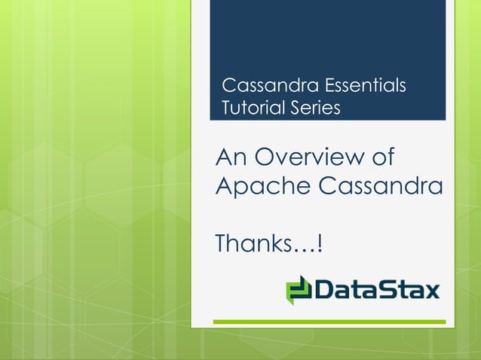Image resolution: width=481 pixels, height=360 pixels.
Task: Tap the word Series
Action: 315,108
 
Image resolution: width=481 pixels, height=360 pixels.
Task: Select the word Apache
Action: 256,186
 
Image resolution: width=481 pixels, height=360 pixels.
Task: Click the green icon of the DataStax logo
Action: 299,289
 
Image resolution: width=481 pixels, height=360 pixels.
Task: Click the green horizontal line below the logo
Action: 329,322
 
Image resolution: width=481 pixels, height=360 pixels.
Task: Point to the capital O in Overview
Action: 265,158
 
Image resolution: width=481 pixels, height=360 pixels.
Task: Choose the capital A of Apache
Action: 224,185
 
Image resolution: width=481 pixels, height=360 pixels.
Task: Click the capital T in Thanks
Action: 222,243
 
